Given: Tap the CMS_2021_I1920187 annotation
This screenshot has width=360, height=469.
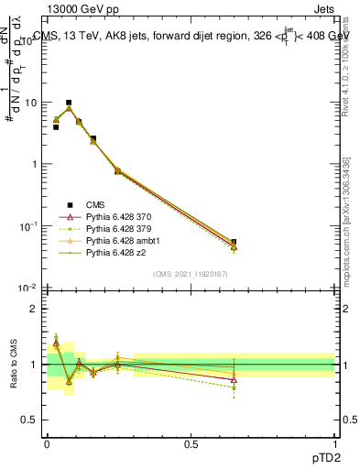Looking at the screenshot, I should click(x=191, y=274).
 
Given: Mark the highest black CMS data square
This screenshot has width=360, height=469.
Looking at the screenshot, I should click(x=69, y=103).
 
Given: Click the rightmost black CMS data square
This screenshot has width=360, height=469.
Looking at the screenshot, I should click(x=234, y=243).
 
